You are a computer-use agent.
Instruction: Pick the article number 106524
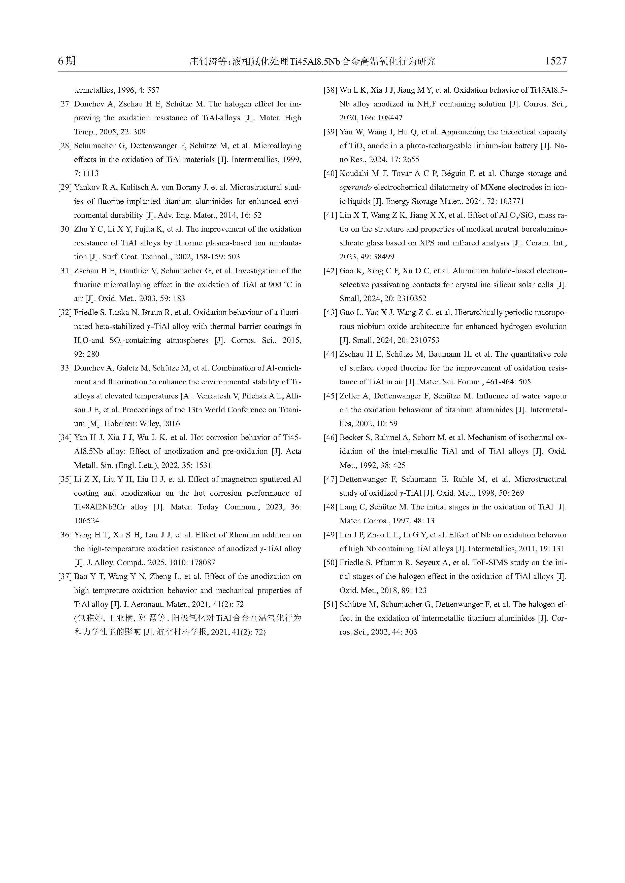point(87,521)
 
